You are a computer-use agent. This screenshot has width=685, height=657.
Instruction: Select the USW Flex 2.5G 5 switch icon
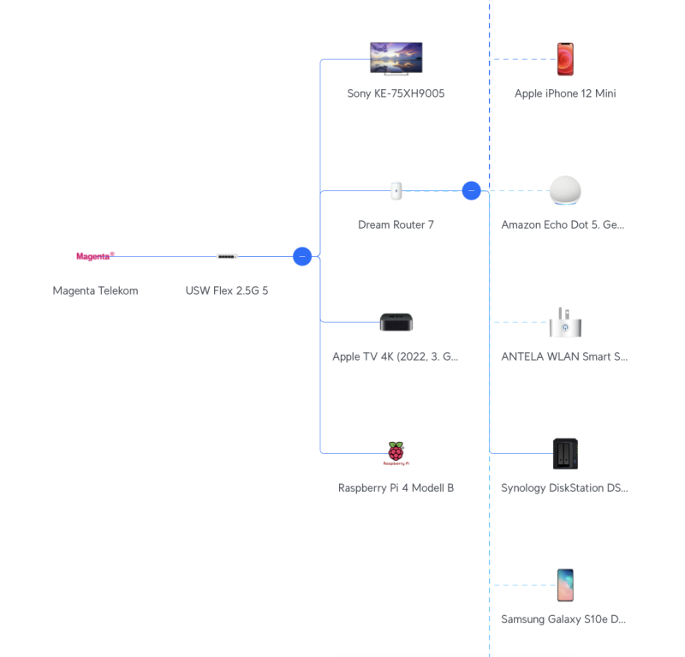[x=227, y=256]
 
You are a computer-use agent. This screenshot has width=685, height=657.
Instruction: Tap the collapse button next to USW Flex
[x=302, y=256]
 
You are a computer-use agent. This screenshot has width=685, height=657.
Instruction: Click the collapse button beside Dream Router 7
[x=471, y=190]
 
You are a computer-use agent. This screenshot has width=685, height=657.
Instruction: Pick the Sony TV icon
[x=396, y=58]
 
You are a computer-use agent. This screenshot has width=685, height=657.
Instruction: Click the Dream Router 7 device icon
[x=396, y=190]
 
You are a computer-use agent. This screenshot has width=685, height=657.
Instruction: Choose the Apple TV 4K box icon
[x=396, y=322]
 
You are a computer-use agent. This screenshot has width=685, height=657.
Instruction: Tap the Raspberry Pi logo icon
[x=396, y=453]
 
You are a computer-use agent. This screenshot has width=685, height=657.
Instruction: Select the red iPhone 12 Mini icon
[x=565, y=59]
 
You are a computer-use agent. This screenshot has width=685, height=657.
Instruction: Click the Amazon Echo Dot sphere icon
[x=565, y=190]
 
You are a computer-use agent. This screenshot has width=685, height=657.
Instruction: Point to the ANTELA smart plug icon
[x=565, y=322]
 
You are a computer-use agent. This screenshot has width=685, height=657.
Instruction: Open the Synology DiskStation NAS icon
[x=565, y=453]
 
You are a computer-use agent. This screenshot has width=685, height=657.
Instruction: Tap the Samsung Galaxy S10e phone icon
[x=565, y=585]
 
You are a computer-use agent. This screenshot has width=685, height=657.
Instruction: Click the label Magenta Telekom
[x=95, y=290]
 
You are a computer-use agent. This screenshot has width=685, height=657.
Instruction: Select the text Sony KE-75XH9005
[x=396, y=93]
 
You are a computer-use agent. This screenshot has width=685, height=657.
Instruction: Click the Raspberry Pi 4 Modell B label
[x=396, y=488]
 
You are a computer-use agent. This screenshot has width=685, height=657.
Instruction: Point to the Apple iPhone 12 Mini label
[x=565, y=93]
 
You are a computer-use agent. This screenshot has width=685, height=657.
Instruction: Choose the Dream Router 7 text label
[x=396, y=224]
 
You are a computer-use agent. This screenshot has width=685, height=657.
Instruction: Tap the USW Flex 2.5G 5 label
[x=227, y=290]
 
